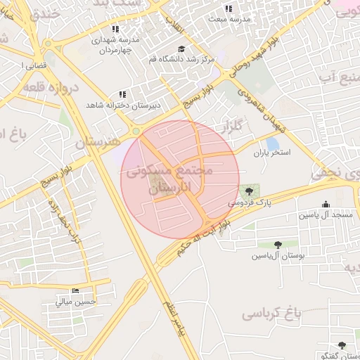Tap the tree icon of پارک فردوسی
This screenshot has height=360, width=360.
[x=247, y=191]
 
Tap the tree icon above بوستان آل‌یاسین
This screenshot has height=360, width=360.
[x=278, y=245]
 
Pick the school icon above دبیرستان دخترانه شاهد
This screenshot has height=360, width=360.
[x=122, y=94]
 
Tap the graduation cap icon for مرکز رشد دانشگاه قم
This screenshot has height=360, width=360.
[x=181, y=49]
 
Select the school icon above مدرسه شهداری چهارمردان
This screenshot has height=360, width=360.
[x=116, y=29]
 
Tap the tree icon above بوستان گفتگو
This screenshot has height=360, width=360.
[x=342, y=345]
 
